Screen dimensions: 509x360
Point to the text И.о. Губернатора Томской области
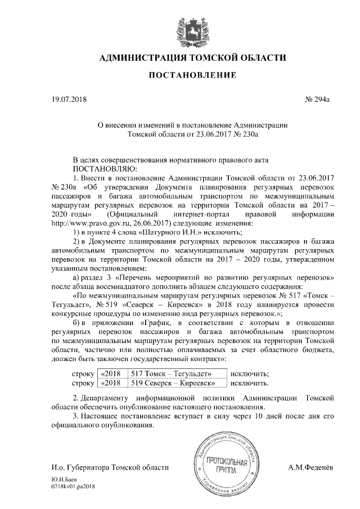coord(110,467)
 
